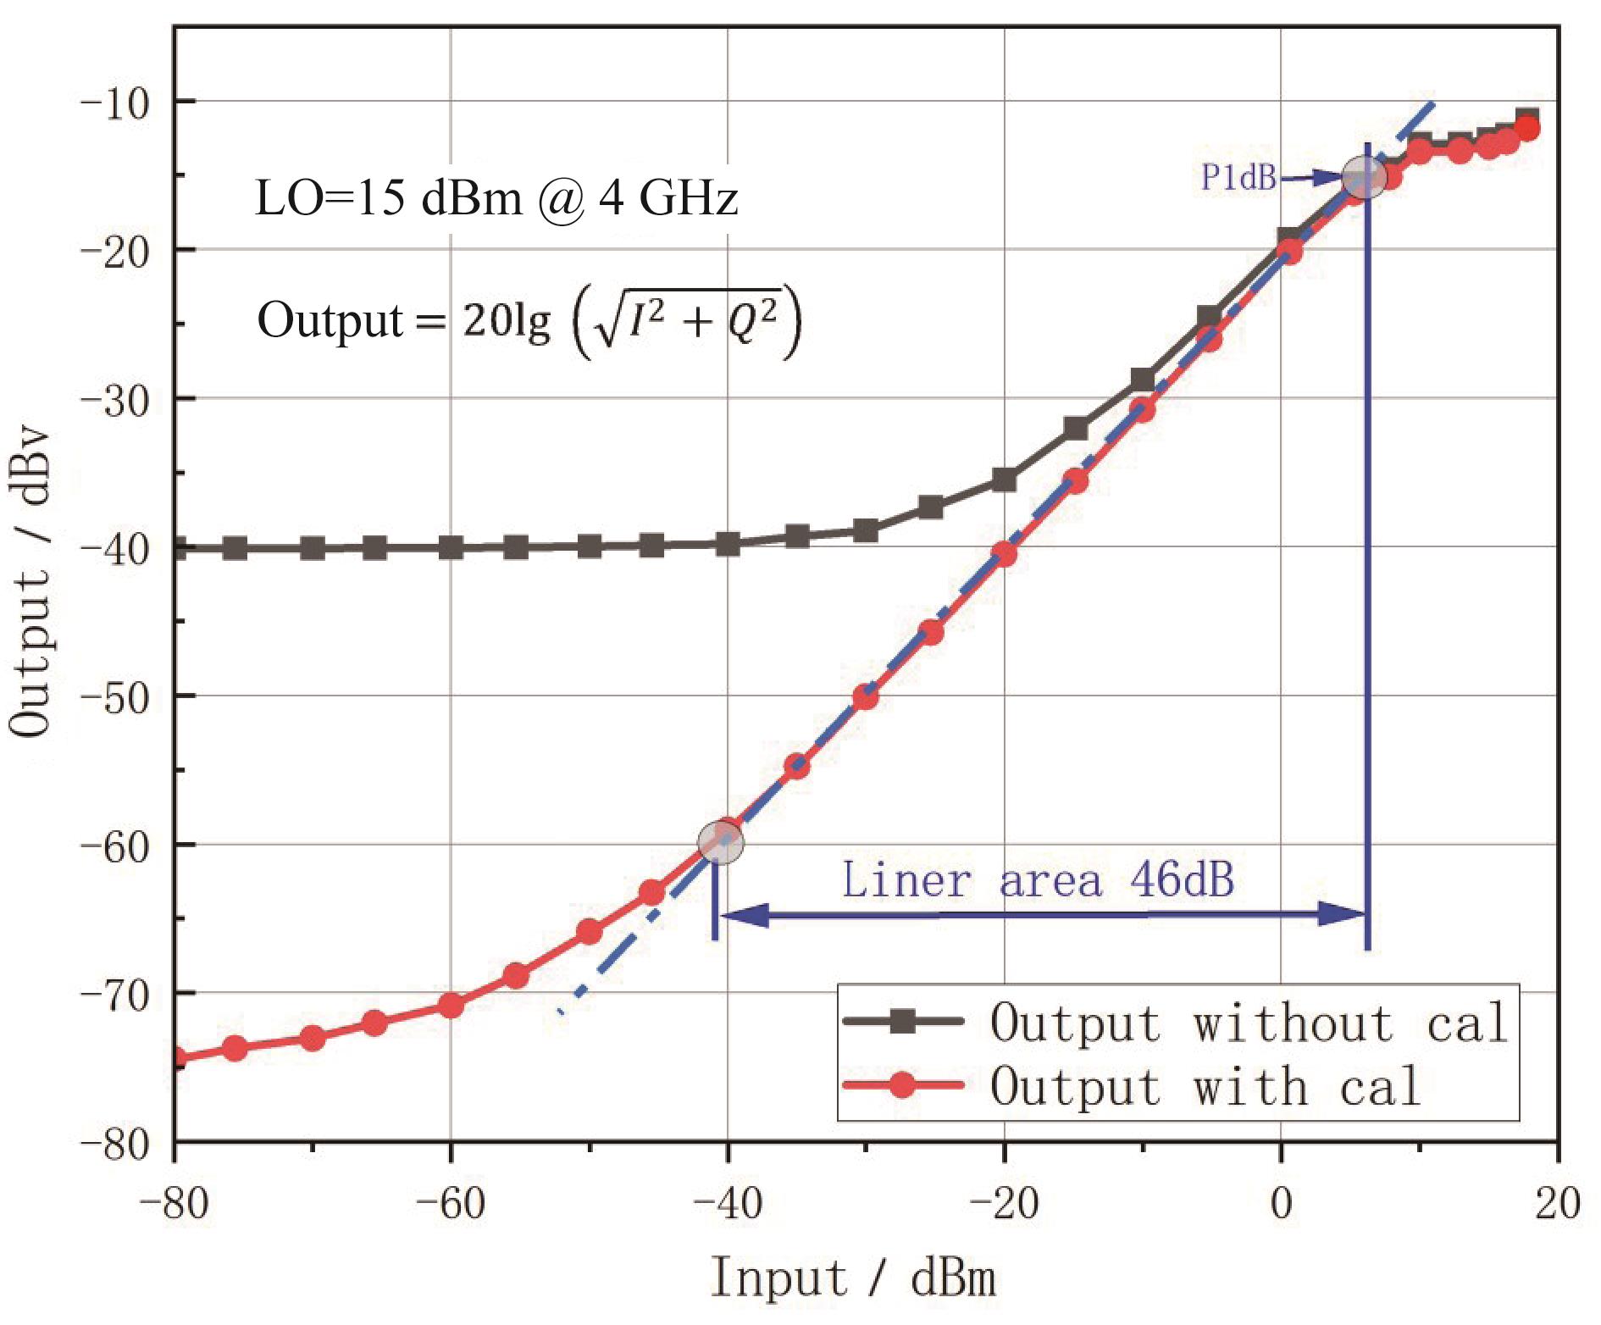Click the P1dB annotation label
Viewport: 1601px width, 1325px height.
1238,177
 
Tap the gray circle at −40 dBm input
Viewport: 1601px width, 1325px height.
721,841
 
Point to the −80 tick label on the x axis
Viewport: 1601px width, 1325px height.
174,1202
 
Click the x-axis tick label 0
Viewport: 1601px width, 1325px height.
1281,1202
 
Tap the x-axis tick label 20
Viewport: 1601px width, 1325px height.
1557,1202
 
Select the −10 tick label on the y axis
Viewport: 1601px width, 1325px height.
114,102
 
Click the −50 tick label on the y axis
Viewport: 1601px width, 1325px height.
114,696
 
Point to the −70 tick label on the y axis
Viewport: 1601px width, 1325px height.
114,993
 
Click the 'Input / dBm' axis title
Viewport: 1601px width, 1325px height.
853,1278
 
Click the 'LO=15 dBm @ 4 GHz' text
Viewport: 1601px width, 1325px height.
496,199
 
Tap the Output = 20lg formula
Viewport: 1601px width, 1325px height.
529,323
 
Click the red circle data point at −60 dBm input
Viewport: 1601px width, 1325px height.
451,1006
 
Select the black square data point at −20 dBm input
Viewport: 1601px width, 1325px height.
1004,480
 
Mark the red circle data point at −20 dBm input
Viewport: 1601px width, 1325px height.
1004,554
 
